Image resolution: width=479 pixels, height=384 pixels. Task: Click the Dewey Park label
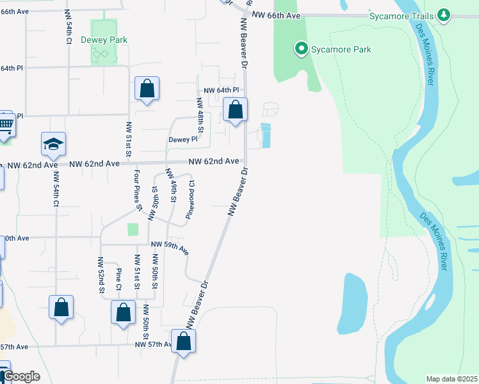coord(104,40)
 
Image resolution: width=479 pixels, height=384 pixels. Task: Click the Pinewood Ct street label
coord(190,199)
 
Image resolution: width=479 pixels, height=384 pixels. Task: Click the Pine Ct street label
coord(118,278)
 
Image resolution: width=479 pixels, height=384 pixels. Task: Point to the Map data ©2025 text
coord(451,379)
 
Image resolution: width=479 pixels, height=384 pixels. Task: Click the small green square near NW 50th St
coord(133,229)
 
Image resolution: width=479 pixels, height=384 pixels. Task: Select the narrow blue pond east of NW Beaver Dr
coord(266,135)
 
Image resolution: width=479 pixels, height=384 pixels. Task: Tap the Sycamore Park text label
coord(341,49)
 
